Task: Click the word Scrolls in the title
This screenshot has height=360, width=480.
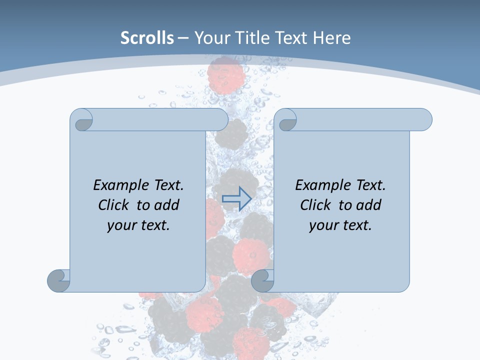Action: (147, 38)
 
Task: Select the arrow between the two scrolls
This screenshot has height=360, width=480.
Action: (236, 198)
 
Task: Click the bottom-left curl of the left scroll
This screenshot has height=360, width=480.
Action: (59, 280)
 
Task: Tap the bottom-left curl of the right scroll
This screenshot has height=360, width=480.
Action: (262, 280)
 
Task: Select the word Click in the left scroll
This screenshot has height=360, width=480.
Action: (109, 205)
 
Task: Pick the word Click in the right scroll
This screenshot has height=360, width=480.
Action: (311, 205)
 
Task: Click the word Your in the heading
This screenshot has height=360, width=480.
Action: (210, 38)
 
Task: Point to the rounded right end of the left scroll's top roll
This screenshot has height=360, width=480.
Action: (220, 120)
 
